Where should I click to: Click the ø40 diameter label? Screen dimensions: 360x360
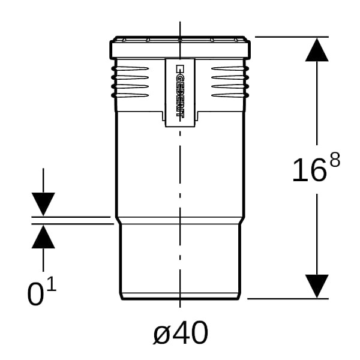click(x=181, y=333)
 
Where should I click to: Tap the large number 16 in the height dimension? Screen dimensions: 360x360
click(x=309, y=170)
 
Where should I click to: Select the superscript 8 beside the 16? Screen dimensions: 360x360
click(x=335, y=160)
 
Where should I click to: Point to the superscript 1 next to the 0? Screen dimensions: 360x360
click(x=52, y=284)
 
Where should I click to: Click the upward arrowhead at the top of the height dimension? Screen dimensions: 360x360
click(x=317, y=50)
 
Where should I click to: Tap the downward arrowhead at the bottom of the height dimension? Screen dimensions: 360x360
click(x=317, y=286)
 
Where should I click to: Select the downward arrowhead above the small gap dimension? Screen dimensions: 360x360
click(x=43, y=204)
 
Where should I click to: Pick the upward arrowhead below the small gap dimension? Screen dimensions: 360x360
click(x=43, y=236)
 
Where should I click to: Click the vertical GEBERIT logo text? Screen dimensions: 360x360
click(x=180, y=91)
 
